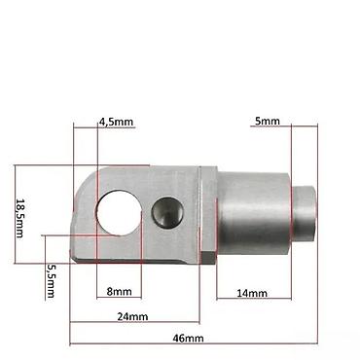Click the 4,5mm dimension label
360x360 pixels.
tap(116, 122)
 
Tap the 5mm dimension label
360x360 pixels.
tap(268, 121)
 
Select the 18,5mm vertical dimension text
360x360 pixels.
tap(19, 218)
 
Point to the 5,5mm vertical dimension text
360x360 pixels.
tap(51, 280)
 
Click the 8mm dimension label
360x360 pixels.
tap(120, 292)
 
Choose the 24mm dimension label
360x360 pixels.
tap(132, 316)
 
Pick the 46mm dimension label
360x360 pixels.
tap(188, 339)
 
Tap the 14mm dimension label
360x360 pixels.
tap(252, 293)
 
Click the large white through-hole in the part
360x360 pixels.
tap(119, 213)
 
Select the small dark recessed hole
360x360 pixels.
tap(167, 212)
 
